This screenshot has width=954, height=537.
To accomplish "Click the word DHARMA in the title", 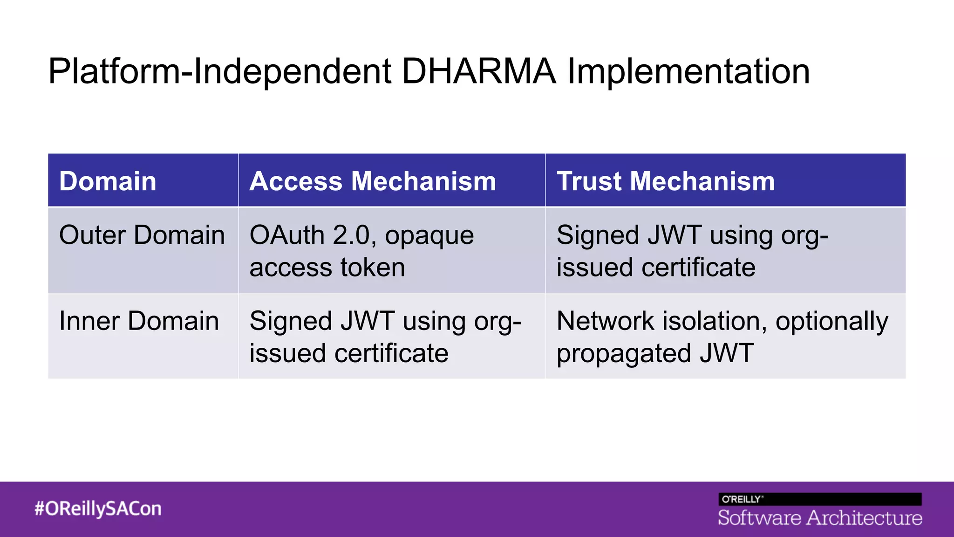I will tap(479, 71).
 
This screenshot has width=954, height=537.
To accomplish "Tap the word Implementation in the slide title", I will tap(688, 71).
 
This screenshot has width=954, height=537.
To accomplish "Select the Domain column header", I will tap(108, 181).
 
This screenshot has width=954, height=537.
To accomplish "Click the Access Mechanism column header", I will tap(373, 181).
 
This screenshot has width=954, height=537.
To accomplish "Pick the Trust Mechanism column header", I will tap(666, 181).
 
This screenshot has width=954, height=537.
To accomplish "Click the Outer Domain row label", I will tap(142, 234).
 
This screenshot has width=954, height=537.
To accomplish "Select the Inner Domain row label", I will tap(139, 321).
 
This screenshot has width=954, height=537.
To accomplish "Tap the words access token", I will tap(327, 268).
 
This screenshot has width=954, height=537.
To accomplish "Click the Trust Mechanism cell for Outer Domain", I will tap(692, 251).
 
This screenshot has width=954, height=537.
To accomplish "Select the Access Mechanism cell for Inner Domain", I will tap(385, 337).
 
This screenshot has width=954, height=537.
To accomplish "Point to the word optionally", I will tap(831, 322).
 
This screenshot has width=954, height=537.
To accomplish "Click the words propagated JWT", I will tap(655, 353).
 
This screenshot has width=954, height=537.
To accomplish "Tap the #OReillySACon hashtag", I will tap(98, 508).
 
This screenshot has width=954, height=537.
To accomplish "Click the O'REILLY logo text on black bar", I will tap(742, 499).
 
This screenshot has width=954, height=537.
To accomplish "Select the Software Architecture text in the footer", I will tap(820, 518).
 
